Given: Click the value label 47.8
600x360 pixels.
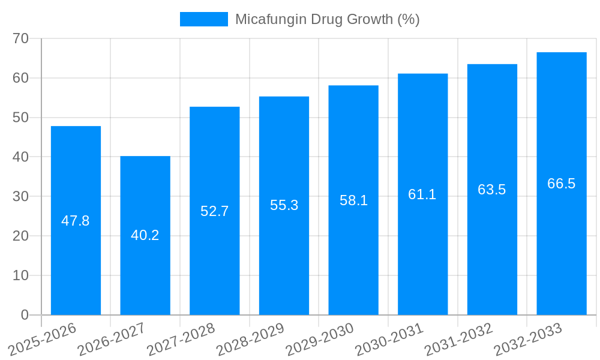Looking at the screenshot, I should [76, 221].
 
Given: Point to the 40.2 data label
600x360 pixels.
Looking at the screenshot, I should [145, 235].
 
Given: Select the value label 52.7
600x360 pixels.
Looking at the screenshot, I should [215, 211].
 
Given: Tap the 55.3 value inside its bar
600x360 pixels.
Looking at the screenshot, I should [284, 205].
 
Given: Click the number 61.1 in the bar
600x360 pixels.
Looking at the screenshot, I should [422, 194].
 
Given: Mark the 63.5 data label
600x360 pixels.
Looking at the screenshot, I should [492, 190].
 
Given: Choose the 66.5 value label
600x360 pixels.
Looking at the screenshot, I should [562, 184].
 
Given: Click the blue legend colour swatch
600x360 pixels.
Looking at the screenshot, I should [204, 19].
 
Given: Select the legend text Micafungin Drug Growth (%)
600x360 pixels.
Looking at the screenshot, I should [327, 19].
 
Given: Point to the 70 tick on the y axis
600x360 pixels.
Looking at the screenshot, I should [21, 38].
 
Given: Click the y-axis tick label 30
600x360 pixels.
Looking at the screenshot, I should [21, 196].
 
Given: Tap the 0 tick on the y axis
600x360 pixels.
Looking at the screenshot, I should [25, 315].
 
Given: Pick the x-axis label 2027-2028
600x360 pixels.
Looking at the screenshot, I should [181, 340].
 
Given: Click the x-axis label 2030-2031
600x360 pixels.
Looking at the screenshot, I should [389, 340].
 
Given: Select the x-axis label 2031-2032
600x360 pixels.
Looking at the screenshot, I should [459, 340].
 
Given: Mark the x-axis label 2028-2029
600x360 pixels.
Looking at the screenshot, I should [250, 340].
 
